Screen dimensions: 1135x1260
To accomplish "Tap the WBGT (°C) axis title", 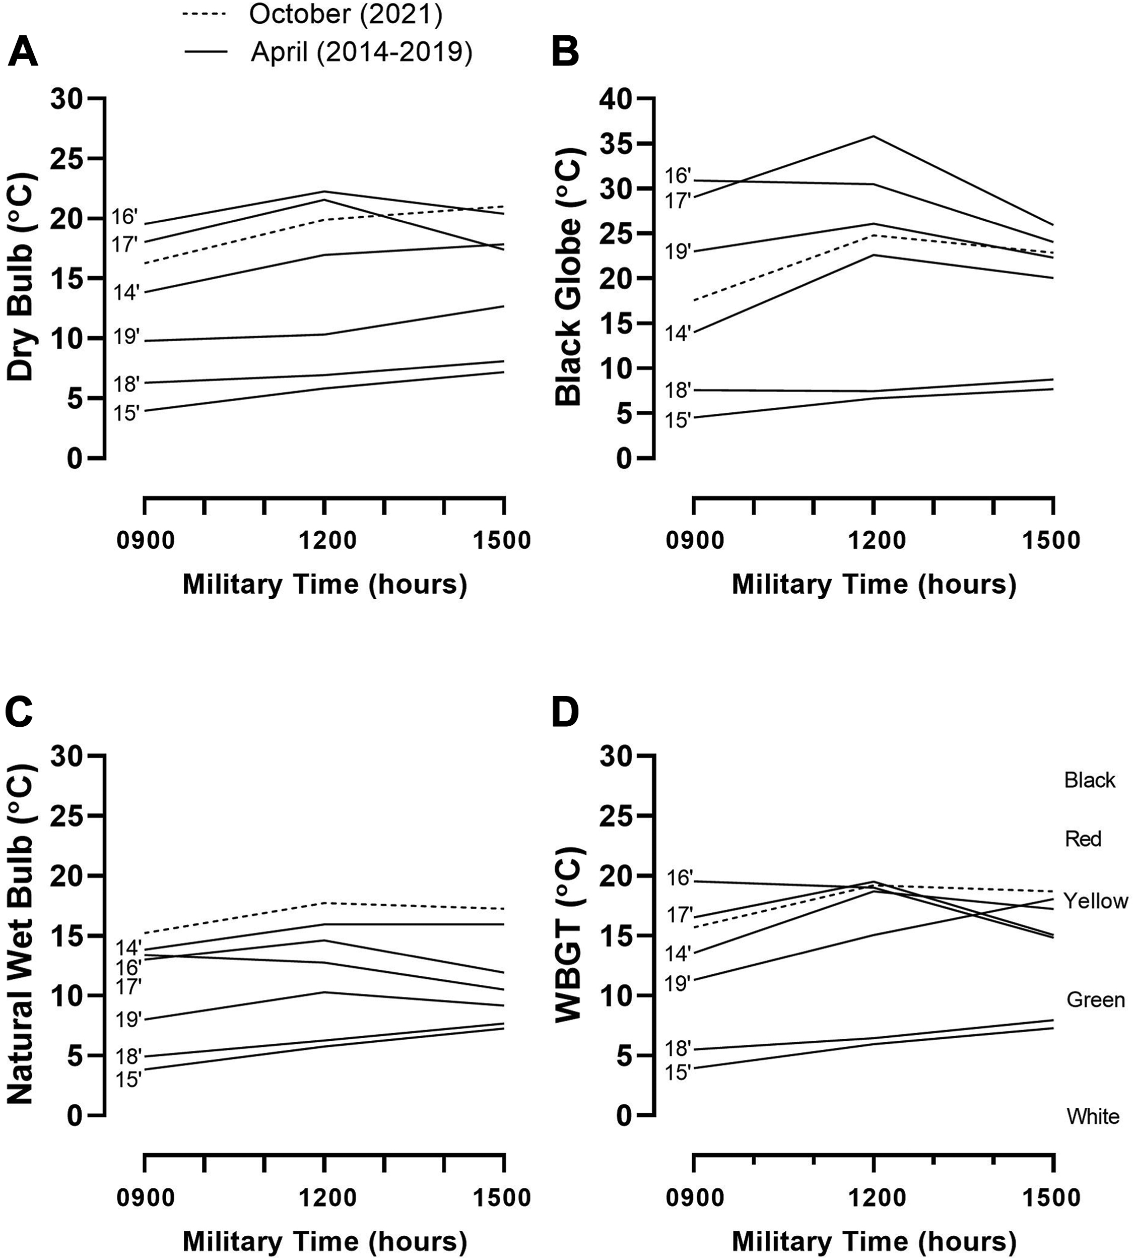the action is [568, 934].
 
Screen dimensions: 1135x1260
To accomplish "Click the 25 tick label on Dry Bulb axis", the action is [68, 159].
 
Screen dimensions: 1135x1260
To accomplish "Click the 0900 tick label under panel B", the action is [695, 540].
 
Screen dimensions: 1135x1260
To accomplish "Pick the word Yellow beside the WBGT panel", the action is [1096, 900].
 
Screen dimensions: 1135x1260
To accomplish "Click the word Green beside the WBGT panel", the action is [1096, 1000].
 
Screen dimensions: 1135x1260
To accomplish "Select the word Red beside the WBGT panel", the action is [1083, 838].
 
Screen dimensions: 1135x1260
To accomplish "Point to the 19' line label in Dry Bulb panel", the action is [126, 337].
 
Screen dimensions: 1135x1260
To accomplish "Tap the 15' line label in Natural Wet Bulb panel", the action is [129, 1079].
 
